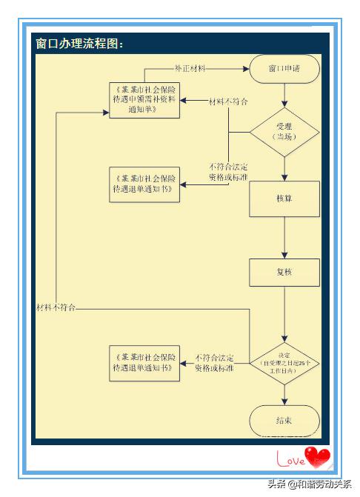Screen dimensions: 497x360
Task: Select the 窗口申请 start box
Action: [284, 69]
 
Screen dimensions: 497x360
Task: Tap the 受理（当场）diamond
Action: [284, 132]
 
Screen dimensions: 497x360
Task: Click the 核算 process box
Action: [284, 199]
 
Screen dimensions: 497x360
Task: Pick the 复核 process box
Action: [284, 272]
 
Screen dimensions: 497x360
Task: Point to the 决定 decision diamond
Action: [284, 358]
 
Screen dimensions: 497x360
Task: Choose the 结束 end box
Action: [284, 420]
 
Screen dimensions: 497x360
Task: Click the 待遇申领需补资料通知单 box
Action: [144, 97]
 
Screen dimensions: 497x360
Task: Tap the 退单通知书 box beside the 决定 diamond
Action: [144, 363]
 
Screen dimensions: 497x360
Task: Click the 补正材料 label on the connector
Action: [190, 68]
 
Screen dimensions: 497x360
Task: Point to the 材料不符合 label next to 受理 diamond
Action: [228, 100]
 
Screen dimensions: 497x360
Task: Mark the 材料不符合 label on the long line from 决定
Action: [56, 306]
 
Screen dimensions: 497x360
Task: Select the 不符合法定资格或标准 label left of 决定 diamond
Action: [215, 362]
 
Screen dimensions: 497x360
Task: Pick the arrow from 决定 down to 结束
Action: [284, 395]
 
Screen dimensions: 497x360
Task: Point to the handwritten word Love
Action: [290, 461]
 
